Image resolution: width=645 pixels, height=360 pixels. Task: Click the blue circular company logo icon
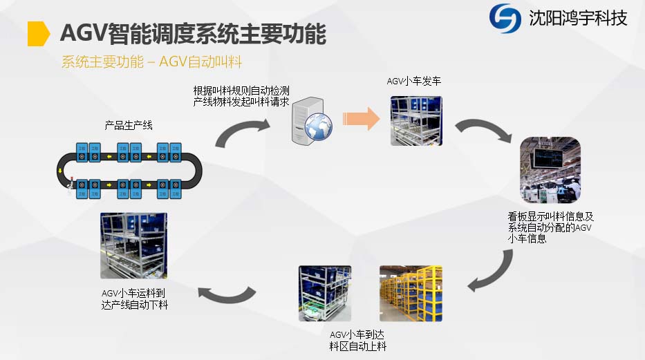pyautogui.click(x=505, y=18)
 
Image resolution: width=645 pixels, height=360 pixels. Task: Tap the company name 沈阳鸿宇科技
pyautogui.click(x=577, y=18)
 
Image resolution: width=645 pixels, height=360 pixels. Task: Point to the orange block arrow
pyautogui.click(x=362, y=118)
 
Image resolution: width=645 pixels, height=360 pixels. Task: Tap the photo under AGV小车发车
pyautogui.click(x=415, y=120)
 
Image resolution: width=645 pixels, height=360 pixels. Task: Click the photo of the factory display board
pyautogui.click(x=550, y=172)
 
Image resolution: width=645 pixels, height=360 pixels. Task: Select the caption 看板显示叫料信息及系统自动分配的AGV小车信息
pyautogui.click(x=551, y=227)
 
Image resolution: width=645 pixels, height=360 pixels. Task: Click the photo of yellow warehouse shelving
pyautogui.click(x=410, y=293)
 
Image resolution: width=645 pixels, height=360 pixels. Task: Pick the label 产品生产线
pyautogui.click(x=129, y=126)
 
